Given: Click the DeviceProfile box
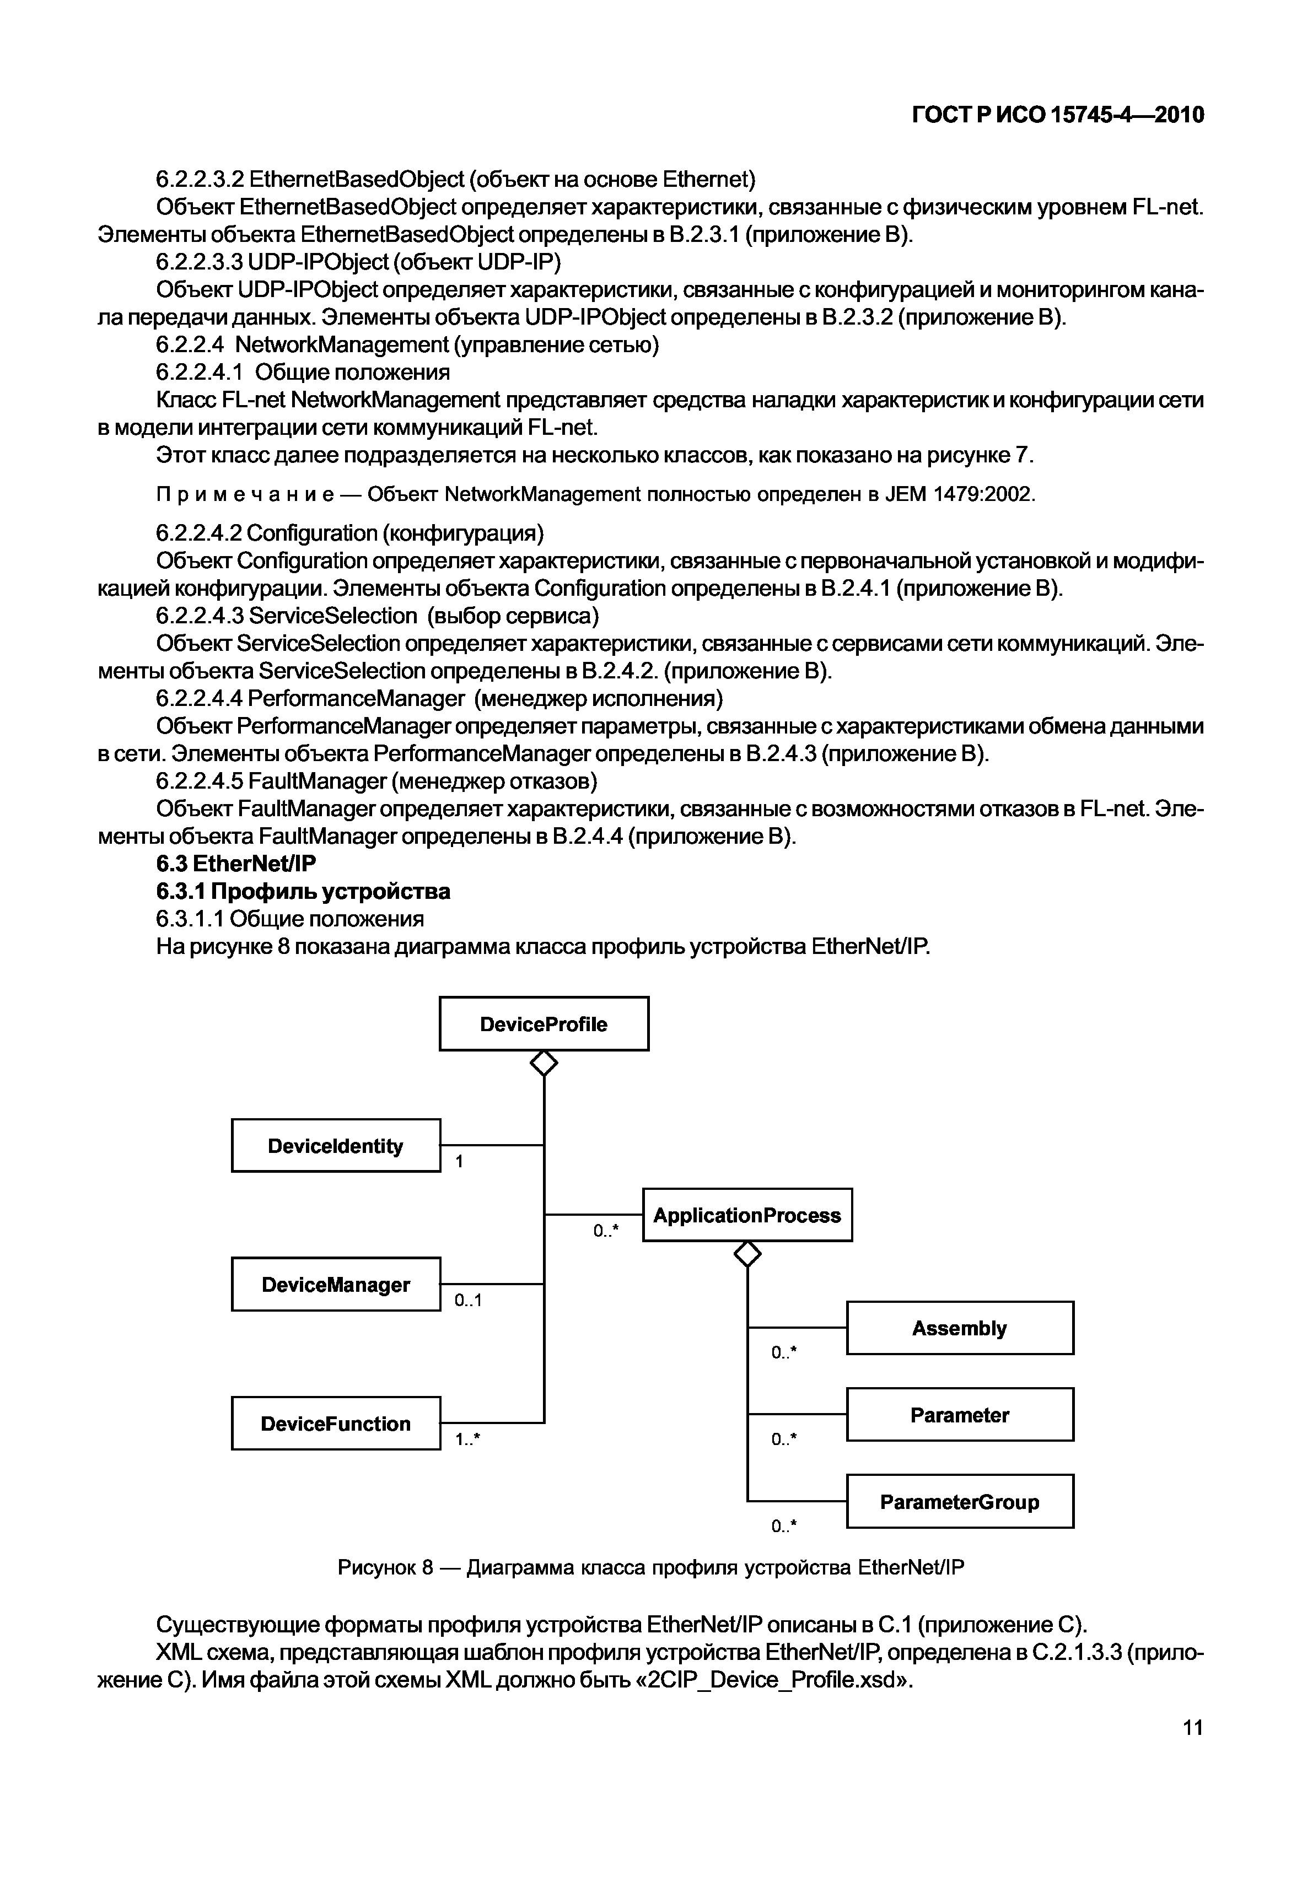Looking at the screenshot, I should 544,1023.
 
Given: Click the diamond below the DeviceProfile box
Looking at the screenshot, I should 544,1063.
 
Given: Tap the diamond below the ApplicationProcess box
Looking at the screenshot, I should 747,1254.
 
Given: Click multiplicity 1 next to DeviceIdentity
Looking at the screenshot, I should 459,1161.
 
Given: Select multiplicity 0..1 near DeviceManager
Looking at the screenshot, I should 468,1301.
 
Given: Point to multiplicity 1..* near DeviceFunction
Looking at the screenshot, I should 468,1440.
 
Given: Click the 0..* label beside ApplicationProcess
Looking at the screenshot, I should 605,1231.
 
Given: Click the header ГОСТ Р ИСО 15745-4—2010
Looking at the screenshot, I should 1057,115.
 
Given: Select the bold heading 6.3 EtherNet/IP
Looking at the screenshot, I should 236,864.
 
